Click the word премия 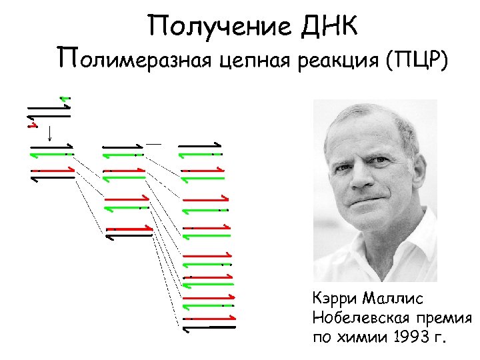(x=447, y=317)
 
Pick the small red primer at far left (x=30, y=123)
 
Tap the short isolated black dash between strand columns (x=154, y=143)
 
